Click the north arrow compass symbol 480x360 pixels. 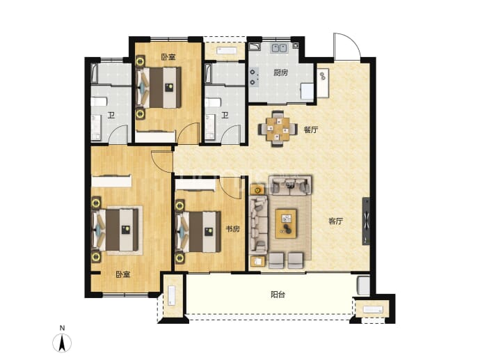pos(62,342)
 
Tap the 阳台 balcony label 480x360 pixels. pos(278,295)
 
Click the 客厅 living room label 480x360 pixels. pos(335,221)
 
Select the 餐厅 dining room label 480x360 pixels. pos(311,130)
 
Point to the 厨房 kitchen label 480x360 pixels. pos(280,72)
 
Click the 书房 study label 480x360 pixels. pos(232,229)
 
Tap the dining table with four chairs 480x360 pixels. pos(278,129)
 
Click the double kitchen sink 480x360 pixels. pos(278,48)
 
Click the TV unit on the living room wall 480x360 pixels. pos(366,221)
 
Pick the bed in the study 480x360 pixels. pos(198,232)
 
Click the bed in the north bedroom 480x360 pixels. pos(159,87)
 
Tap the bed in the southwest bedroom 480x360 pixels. pos(115,230)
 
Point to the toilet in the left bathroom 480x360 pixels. pos(99,102)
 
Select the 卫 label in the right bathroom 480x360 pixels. pos(225,115)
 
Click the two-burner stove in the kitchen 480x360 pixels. pos(254,77)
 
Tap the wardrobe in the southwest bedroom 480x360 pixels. pos(111,181)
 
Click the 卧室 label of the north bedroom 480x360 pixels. pos(168,57)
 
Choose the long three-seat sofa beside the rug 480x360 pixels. pos(259,225)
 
